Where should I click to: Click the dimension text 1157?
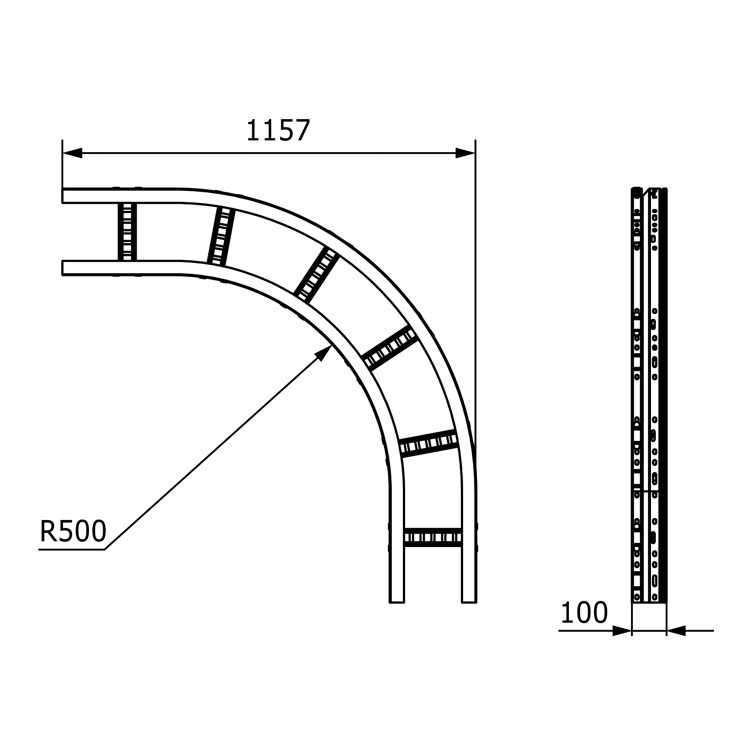tap(278, 131)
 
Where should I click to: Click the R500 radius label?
tap(73, 531)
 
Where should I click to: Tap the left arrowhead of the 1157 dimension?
tap(73, 153)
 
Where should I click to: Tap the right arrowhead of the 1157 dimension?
tap(465, 153)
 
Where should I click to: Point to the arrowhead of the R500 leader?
tap(324, 352)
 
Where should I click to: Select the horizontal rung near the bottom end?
tap(433, 538)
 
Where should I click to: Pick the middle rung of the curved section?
tap(316, 276)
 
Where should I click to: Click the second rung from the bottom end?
tap(428, 443)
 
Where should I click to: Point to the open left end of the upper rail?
tap(63, 196)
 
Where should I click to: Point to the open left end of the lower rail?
tap(63, 268)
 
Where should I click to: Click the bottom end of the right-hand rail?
tap(469, 602)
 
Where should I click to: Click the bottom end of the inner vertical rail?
tap(397, 602)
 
